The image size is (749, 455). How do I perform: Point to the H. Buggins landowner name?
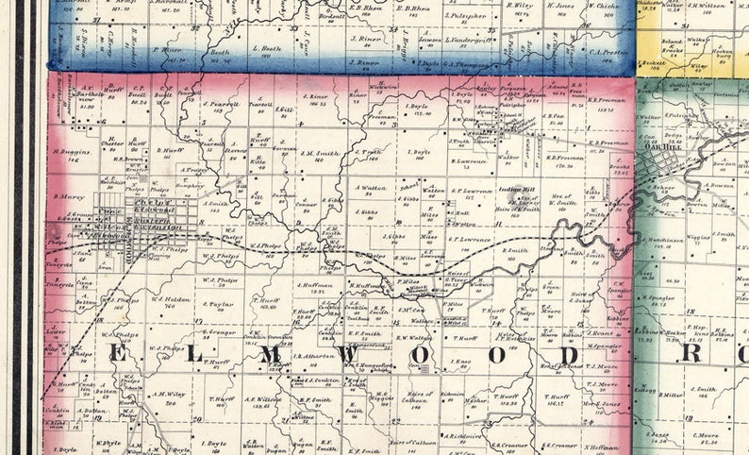(x=70, y=151)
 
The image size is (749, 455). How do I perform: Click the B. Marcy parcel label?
(x=71, y=197)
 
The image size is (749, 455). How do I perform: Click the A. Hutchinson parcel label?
(x=665, y=240)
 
